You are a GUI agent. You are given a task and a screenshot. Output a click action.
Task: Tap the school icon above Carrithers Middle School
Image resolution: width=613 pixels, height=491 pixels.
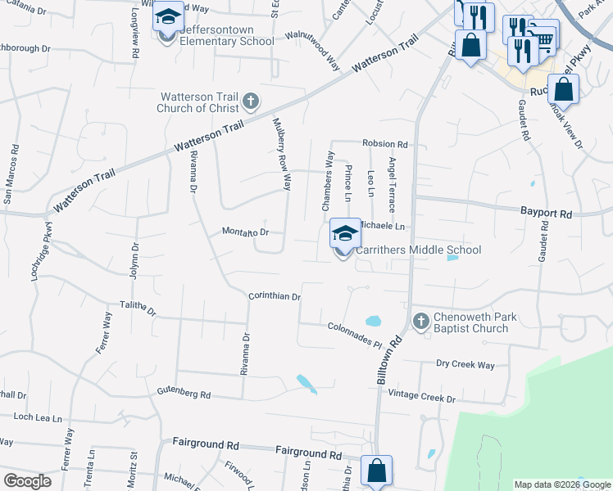click(345, 233)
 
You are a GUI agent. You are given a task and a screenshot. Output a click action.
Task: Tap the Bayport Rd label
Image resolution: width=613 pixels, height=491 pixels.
click(546, 213)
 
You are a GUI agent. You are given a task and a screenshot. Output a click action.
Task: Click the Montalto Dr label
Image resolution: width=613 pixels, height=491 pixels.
click(246, 232)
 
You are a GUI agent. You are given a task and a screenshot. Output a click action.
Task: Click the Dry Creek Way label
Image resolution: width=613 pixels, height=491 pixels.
click(465, 364)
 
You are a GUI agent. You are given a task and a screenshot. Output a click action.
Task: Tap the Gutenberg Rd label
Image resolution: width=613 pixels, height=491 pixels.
click(184, 394)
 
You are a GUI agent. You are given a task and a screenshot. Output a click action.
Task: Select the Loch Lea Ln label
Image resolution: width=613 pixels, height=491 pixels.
click(32, 417)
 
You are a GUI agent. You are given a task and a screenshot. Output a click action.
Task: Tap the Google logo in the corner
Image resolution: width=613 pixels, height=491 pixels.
click(27, 481)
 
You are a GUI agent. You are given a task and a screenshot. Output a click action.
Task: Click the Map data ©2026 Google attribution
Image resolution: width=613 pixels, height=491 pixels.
click(561, 484)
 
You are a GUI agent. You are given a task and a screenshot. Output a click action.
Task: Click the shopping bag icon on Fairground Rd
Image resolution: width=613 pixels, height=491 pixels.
click(376, 471)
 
